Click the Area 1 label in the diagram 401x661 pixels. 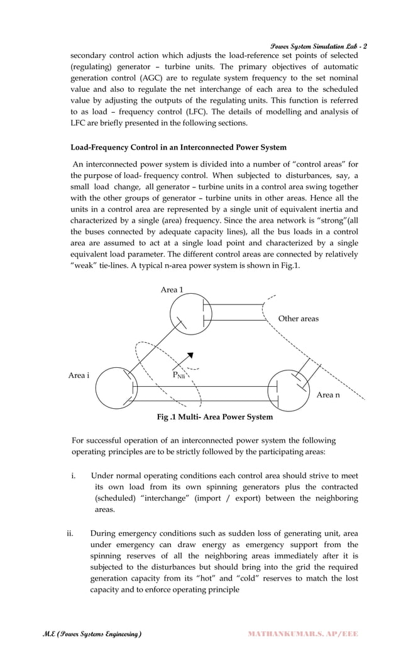point(173,290)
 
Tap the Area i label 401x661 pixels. point(79,375)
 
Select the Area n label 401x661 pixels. point(328,395)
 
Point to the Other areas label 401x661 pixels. point(298,319)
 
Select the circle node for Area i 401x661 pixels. point(116,387)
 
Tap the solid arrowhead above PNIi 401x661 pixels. point(189,357)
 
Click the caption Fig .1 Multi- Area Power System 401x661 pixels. point(214,417)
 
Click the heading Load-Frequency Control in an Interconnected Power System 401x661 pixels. point(179,147)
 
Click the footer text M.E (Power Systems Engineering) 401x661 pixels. point(87,634)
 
